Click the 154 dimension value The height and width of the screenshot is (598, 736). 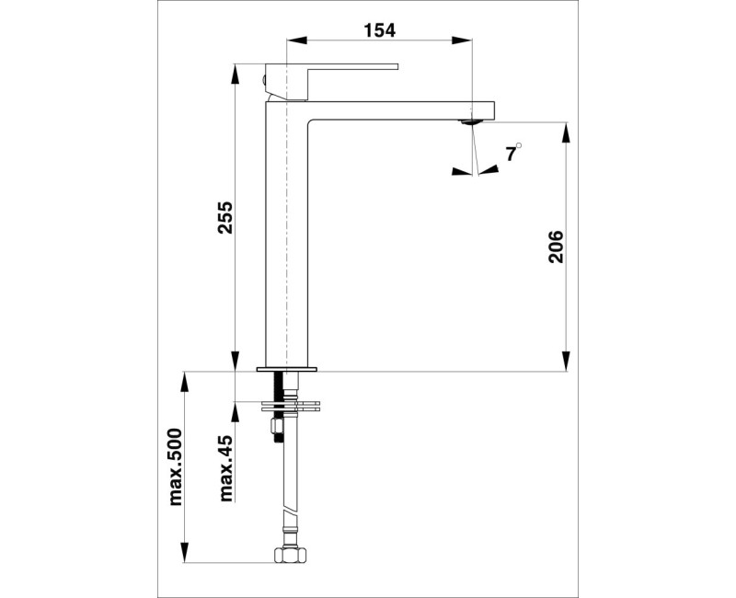(x=378, y=30)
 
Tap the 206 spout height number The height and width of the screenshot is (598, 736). (x=557, y=246)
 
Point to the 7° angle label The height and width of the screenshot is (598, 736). (x=512, y=153)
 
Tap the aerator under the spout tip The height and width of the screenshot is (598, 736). (x=470, y=121)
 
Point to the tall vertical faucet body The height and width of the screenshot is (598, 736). (x=286, y=239)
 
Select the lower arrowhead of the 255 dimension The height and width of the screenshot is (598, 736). (x=236, y=362)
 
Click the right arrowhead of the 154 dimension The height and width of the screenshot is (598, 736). (x=463, y=40)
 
